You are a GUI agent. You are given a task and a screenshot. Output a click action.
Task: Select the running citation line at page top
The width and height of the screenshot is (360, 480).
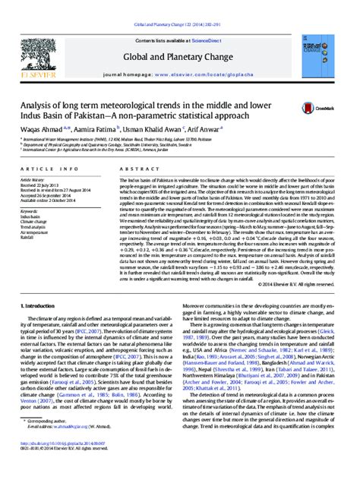tap(179, 5)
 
